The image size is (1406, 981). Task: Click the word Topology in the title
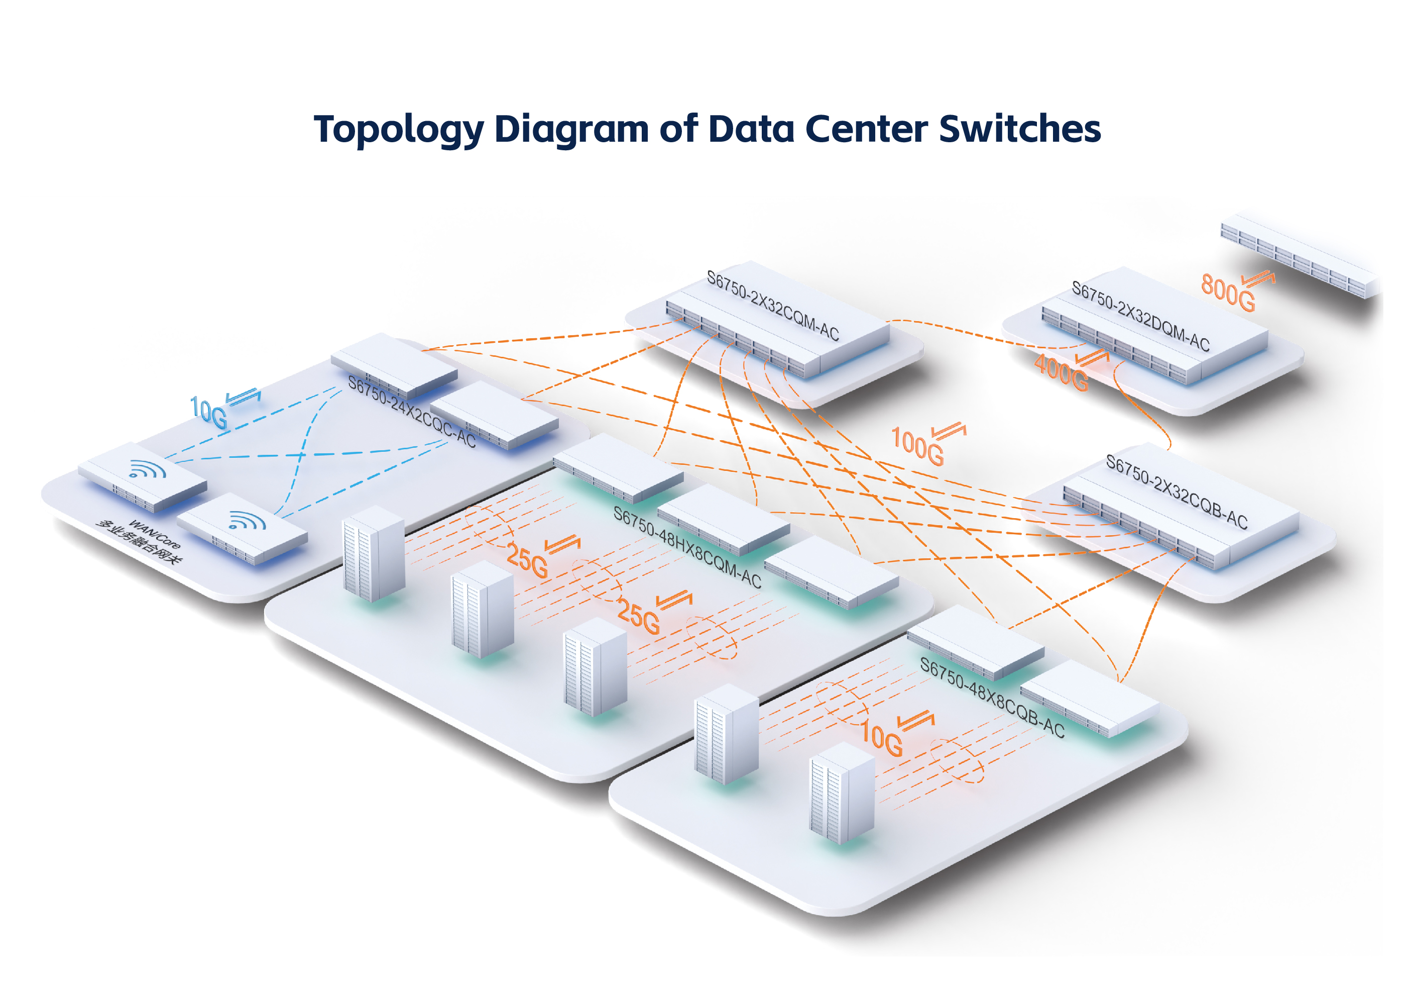pyautogui.click(x=399, y=130)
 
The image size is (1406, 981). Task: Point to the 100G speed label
pyautogui.click(x=917, y=445)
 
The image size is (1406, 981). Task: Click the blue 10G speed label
pyautogui.click(x=209, y=413)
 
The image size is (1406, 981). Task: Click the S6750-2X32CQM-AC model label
pyautogui.click(x=773, y=305)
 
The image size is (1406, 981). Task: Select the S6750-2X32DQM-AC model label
pyautogui.click(x=1140, y=316)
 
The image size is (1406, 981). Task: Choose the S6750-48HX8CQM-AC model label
pyautogui.click(x=687, y=547)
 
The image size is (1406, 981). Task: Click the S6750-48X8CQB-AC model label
pyautogui.click(x=992, y=697)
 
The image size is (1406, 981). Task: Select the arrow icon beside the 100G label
pyautogui.click(x=949, y=431)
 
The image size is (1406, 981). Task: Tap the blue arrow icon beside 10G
pyautogui.click(x=243, y=397)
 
